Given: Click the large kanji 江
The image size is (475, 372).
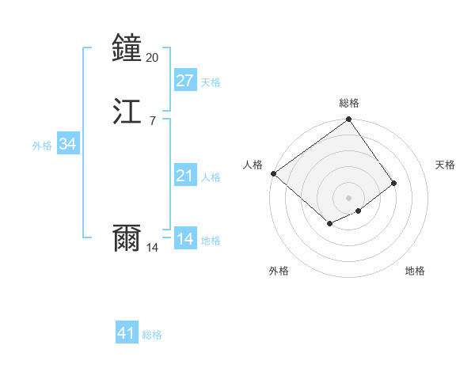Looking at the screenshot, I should pyautogui.click(x=127, y=112).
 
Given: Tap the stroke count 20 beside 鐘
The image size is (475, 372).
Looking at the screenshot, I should pyautogui.click(x=153, y=58).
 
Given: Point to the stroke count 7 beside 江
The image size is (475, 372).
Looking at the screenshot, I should pyautogui.click(x=152, y=121).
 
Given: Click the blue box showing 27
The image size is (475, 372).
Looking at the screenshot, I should pyautogui.click(x=184, y=81).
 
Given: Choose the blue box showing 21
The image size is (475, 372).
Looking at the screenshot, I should pyautogui.click(x=184, y=176).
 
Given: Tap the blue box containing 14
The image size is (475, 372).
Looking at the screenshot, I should pyautogui.click(x=184, y=239).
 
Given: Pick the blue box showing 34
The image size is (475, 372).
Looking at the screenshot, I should pyautogui.click(x=67, y=144).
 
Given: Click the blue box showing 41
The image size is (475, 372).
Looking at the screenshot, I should pyautogui.click(x=126, y=333).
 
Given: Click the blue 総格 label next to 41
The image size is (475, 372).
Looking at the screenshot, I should pyautogui.click(x=152, y=335).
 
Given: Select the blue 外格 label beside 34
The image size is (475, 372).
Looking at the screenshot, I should pyautogui.click(x=42, y=146).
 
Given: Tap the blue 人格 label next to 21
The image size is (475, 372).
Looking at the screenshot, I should pyautogui.click(x=211, y=177).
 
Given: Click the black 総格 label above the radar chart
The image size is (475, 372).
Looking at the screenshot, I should pyautogui.click(x=349, y=103).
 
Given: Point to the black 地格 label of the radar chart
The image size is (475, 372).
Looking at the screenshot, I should pyautogui.click(x=415, y=271).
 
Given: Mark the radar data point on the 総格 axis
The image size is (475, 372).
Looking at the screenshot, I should pyautogui.click(x=349, y=120).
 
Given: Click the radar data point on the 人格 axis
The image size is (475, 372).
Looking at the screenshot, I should pyautogui.click(x=273, y=173).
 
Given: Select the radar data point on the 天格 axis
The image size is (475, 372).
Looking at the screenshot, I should pyautogui.click(x=394, y=183).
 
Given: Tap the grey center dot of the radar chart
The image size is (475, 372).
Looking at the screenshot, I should pyautogui.click(x=349, y=197).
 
